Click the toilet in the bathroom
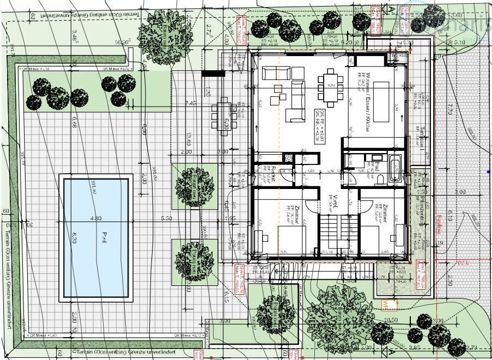point(382,178)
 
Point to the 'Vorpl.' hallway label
point(329,202)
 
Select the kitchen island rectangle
point(380,103)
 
